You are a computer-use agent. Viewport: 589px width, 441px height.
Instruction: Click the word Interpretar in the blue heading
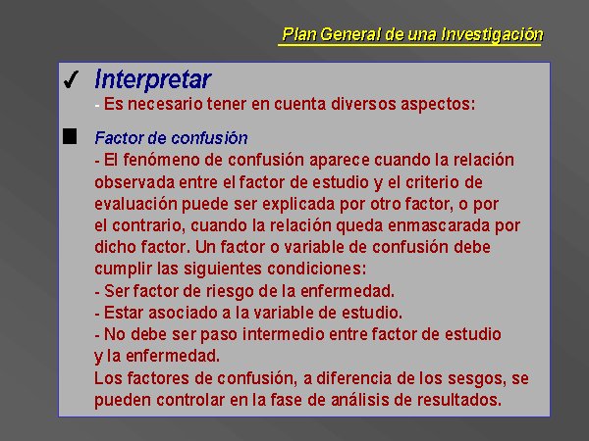pyautogui.click(x=152, y=79)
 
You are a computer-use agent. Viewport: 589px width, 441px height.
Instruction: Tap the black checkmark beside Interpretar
pyautogui.click(x=71, y=79)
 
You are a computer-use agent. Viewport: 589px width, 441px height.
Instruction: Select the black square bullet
pyautogui.click(x=70, y=136)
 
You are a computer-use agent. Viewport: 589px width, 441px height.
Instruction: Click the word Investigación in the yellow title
pyautogui.click(x=492, y=34)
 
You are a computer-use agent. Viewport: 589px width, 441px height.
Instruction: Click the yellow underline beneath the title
pyautogui.click(x=409, y=45)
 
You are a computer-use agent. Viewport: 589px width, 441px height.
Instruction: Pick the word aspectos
pyautogui.click(x=435, y=104)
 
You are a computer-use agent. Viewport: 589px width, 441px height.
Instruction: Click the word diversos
pyautogui.click(x=363, y=104)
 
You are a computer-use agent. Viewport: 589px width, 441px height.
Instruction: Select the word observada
pyautogui.click(x=134, y=182)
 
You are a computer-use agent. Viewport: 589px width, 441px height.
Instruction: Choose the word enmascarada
pyautogui.click(x=439, y=225)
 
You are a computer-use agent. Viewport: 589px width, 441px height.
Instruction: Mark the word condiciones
pyautogui.click(x=314, y=269)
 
